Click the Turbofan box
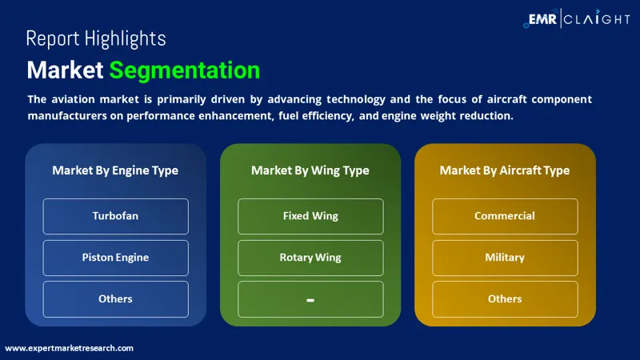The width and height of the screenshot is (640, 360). click(115, 216)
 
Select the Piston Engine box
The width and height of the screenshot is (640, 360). click(115, 258)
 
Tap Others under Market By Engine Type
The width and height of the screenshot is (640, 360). click(115, 298)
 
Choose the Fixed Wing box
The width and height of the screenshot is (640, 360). click(310, 216)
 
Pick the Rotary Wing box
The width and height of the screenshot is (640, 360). click(310, 258)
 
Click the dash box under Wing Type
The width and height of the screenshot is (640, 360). click(310, 299)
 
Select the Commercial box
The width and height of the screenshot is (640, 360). click(505, 216)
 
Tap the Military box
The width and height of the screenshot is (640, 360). click(505, 258)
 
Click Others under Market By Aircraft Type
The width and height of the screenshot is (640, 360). click(505, 298)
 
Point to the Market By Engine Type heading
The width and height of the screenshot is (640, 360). click(115, 170)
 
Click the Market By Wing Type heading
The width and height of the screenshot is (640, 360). click(310, 170)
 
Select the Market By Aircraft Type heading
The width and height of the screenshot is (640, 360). click(505, 170)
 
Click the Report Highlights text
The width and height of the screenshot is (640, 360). click(96, 38)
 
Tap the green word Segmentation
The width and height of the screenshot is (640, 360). click(185, 70)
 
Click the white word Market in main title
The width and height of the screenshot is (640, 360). click(65, 70)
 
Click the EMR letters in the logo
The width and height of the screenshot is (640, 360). click(544, 18)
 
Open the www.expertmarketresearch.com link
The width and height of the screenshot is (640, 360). click(70, 348)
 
